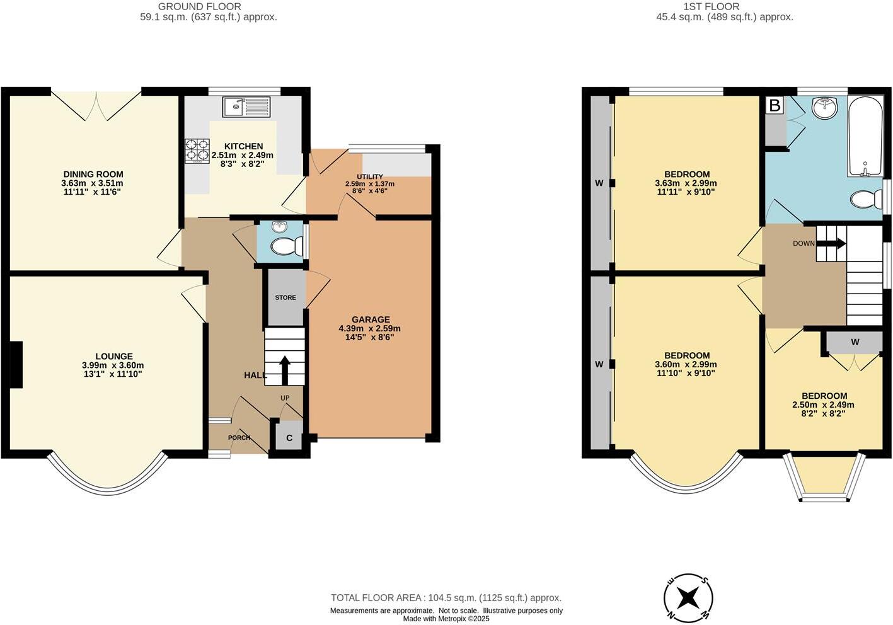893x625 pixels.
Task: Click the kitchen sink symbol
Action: pos(246,106)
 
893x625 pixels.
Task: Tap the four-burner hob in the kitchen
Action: pos(197,151)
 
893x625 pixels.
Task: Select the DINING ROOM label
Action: pos(93,175)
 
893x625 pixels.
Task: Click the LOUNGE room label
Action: pos(114,357)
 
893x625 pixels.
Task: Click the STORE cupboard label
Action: pos(285,297)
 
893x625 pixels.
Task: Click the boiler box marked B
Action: pos(775,105)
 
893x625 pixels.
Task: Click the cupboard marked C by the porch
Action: pos(289,438)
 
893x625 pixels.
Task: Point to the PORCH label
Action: pos(239,438)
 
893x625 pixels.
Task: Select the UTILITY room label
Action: pos(369,176)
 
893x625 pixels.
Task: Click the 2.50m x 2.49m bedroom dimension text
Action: pos(823,405)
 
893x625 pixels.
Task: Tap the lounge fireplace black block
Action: pos(16,365)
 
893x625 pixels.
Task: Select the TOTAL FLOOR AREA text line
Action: pos(446,598)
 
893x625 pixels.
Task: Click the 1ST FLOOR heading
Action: pos(724,6)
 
